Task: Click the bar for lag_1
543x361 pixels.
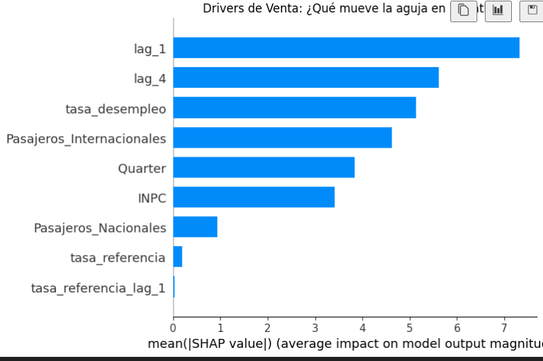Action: (x=346, y=48)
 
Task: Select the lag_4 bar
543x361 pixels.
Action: (x=306, y=78)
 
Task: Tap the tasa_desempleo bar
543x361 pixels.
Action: (x=294, y=107)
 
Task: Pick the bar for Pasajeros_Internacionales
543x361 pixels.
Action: (x=282, y=137)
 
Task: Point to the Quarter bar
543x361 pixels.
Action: (x=264, y=167)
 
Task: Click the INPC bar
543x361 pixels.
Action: (x=254, y=197)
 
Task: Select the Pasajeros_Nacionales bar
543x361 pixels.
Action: (x=195, y=227)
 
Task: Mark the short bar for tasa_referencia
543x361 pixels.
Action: (x=178, y=256)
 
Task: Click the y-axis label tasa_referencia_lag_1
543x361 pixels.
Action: (x=98, y=288)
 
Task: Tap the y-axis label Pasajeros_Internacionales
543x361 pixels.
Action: (x=86, y=139)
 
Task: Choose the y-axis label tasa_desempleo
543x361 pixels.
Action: (x=116, y=109)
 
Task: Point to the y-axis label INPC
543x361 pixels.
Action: (x=152, y=198)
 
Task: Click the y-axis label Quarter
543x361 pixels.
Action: (x=142, y=168)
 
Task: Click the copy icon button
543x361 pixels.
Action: (x=463, y=10)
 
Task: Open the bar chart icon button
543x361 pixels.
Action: (x=498, y=10)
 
